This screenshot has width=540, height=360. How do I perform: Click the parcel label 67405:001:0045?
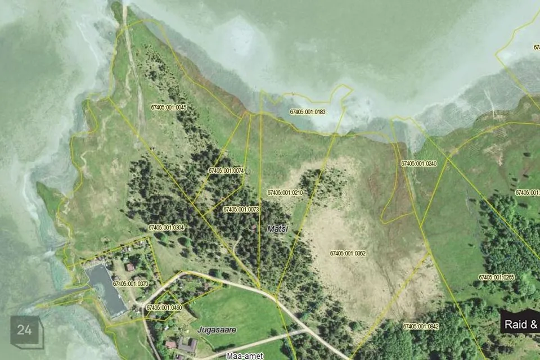click(x=169, y=107)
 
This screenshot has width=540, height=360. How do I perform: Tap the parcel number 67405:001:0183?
click(x=308, y=112)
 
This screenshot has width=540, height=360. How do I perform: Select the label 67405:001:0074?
click(x=226, y=170)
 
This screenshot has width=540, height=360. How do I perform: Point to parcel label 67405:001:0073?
click(x=241, y=209)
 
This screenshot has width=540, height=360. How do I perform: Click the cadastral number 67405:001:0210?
click(x=285, y=192)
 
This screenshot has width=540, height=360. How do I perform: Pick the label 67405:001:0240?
click(x=418, y=163)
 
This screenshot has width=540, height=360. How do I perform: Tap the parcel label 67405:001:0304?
click(x=166, y=227)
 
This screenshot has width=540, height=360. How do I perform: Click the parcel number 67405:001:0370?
click(x=130, y=284)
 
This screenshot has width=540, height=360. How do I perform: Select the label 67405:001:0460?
click(x=164, y=308)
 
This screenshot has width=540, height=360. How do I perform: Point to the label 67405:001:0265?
click(x=496, y=277)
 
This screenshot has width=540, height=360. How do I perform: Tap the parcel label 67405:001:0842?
click(x=421, y=326)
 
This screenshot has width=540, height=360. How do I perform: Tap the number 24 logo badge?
click(x=25, y=331)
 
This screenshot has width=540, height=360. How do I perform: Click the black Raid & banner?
click(x=520, y=324)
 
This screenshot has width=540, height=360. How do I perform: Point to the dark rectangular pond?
click(x=106, y=290)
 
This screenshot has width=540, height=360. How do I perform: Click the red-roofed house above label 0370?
click(x=130, y=267)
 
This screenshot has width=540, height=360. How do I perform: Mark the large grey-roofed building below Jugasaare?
click(x=187, y=344)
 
